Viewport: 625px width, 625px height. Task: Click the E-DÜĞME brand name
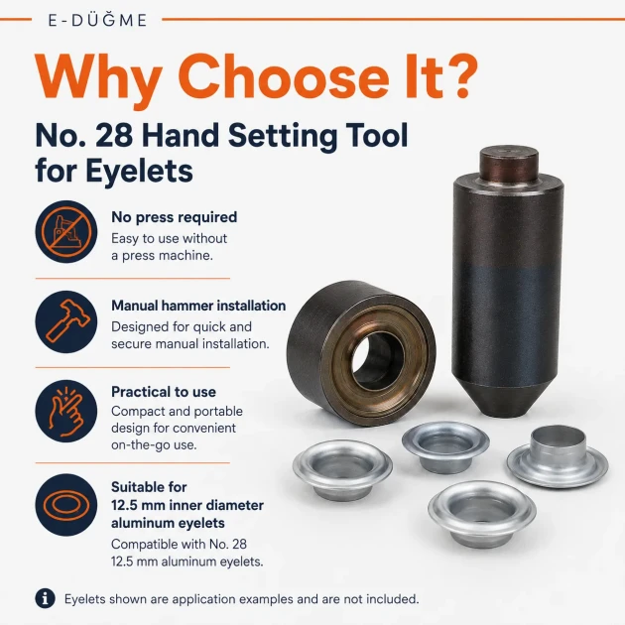[x=97, y=20]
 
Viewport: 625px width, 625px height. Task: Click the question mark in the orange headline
[x=461, y=75]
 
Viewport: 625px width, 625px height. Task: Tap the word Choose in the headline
[x=286, y=76]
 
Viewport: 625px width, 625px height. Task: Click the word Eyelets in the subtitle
[x=139, y=171]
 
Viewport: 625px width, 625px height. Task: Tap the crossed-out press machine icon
[x=66, y=231]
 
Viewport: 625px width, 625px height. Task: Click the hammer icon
[x=66, y=321]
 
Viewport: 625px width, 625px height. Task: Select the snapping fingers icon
[x=66, y=411]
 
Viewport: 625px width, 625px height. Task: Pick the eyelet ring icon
[x=66, y=505]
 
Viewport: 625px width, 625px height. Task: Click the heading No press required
[x=175, y=217]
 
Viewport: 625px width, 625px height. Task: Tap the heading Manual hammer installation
[x=198, y=306]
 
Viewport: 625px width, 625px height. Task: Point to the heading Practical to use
[x=164, y=392]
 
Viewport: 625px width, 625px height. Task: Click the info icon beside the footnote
[x=45, y=598]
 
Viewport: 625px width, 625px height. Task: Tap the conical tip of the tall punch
[x=505, y=399]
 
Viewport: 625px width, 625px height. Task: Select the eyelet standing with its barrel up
[x=558, y=456]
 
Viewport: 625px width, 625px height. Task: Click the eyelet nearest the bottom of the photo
[x=482, y=514]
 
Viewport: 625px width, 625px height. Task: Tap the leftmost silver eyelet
[x=342, y=470]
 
